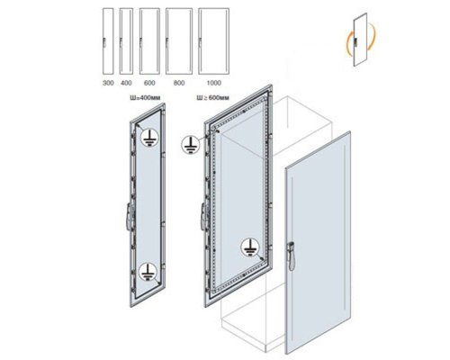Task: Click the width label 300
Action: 108,83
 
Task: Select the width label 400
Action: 126,83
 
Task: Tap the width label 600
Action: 149,83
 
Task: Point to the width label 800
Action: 179,83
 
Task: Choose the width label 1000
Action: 213,83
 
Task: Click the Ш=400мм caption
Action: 145,98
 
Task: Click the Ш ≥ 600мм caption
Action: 212,98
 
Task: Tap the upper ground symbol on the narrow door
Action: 149,138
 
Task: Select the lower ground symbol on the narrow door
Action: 148,272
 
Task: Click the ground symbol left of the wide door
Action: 190,145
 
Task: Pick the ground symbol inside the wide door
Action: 249,247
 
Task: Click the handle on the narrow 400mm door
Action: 130,216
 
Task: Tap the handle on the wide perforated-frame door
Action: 204,216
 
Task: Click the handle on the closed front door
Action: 291,256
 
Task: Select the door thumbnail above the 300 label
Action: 108,40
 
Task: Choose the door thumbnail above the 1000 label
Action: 214,40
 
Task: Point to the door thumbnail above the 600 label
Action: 149,40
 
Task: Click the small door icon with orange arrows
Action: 360,40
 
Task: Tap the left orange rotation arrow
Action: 348,41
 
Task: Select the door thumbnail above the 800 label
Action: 179,40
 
